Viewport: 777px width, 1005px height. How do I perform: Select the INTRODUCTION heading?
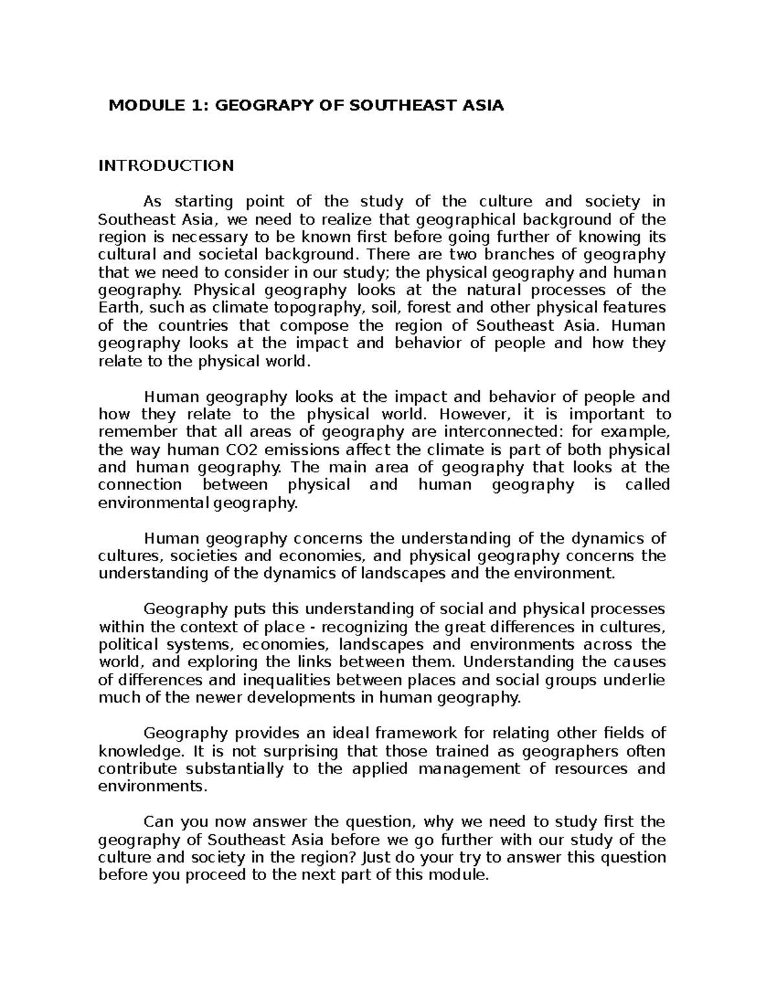point(166,166)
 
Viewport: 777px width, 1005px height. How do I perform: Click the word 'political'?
point(128,645)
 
